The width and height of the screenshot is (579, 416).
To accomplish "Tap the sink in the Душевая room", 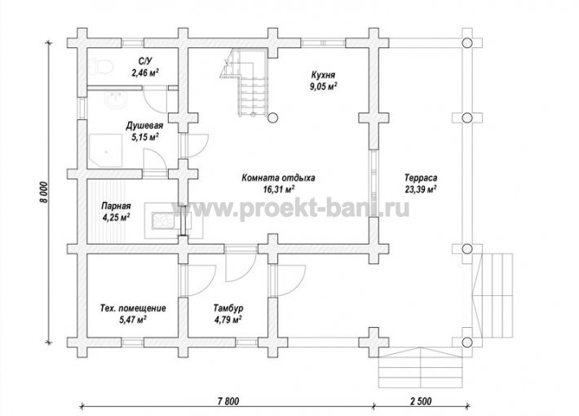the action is (x=117, y=99).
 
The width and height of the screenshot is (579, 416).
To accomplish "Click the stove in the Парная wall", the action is (x=162, y=221).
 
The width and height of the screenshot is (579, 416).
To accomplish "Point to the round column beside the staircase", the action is (x=272, y=117).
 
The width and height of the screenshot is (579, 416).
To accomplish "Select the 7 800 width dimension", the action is (x=229, y=401).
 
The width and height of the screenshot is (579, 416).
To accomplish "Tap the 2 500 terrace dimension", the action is (x=420, y=401).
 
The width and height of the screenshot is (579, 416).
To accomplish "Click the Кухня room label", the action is (x=323, y=75).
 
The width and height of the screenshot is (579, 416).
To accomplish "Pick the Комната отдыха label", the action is (x=278, y=178).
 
